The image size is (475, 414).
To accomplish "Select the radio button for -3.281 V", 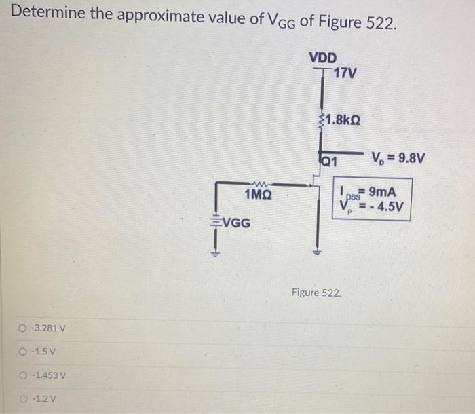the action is click(x=23, y=331).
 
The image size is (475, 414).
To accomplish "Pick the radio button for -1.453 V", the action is click(x=23, y=375).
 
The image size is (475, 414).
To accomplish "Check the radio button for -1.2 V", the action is click(x=23, y=398).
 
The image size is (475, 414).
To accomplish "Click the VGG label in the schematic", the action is click(x=235, y=222).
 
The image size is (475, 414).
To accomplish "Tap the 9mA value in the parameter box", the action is click(x=383, y=192).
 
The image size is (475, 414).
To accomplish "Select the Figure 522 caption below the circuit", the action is click(x=316, y=293).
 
